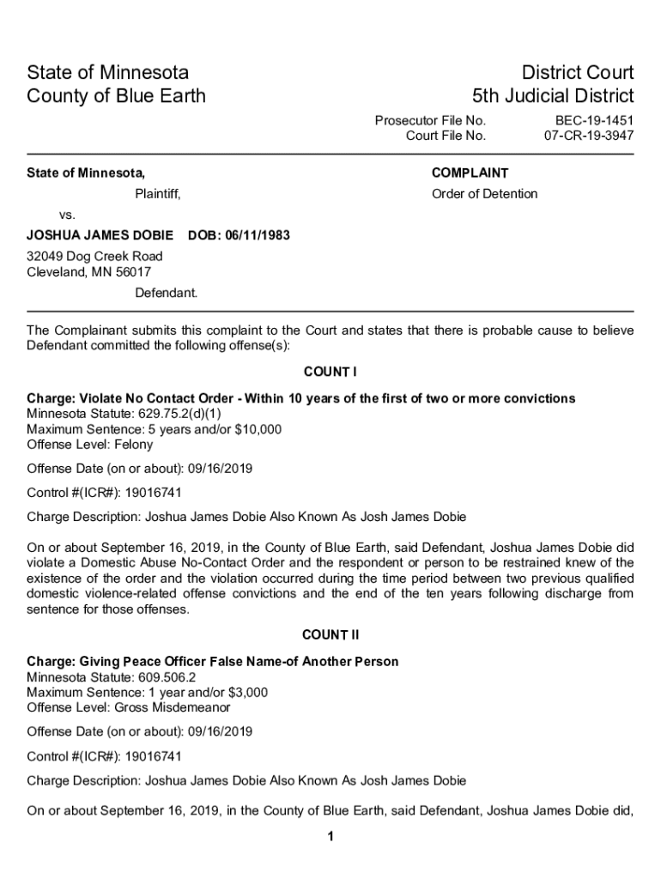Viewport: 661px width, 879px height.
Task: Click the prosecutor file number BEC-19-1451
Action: (594, 121)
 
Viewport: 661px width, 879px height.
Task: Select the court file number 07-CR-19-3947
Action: (589, 136)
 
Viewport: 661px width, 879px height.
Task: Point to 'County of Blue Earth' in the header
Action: (117, 95)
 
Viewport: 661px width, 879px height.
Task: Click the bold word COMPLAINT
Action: (470, 173)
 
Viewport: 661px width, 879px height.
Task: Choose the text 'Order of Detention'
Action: (484, 194)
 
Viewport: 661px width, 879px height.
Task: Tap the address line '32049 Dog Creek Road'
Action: (94, 257)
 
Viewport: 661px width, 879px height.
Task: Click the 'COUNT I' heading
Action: (330, 372)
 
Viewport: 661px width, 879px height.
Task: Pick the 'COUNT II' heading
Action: (330, 635)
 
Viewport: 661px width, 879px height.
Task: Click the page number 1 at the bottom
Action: (330, 837)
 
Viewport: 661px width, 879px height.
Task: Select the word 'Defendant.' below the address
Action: (166, 293)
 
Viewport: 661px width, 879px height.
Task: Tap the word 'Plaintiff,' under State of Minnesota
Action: (158, 194)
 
